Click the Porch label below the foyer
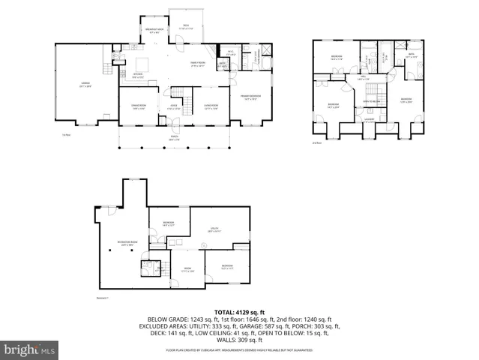174,137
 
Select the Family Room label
198,64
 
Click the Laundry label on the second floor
370,118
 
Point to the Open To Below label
371,100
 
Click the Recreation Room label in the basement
127,242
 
